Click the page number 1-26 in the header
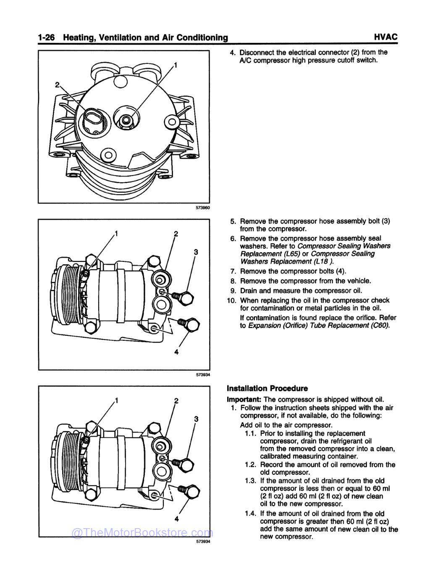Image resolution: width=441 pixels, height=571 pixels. (x=48, y=38)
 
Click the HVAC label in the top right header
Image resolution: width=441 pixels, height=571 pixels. (x=385, y=37)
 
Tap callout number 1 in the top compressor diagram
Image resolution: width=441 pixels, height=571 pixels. (x=176, y=65)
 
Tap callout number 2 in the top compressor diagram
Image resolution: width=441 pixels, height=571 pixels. (x=57, y=84)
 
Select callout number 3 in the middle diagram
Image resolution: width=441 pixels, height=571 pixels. (x=195, y=252)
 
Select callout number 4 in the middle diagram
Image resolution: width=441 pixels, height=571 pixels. (x=176, y=352)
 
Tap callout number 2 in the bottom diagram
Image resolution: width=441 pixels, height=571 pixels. (x=176, y=401)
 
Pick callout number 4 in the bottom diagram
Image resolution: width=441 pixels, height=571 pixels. (x=176, y=518)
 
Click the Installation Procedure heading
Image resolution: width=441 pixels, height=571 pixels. (x=267, y=388)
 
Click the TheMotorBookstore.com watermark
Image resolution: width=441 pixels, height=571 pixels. (x=143, y=533)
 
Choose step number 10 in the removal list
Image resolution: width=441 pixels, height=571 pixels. (x=232, y=300)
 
